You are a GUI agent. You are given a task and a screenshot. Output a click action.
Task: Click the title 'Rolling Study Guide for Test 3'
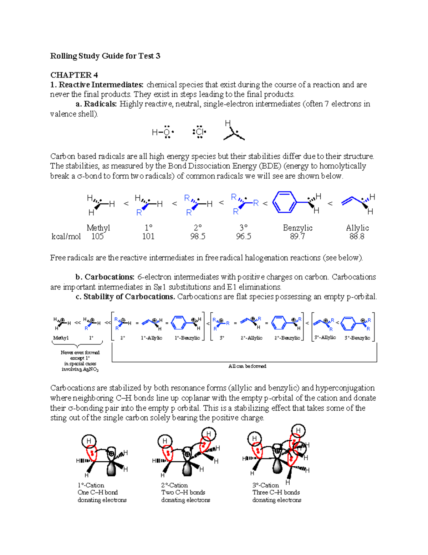[105, 56]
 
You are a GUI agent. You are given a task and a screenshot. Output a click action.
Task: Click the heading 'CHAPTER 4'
[74, 75]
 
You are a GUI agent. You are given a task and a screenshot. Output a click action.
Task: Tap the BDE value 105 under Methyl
[97, 237]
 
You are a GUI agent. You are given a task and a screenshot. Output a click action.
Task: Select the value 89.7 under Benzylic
[297, 237]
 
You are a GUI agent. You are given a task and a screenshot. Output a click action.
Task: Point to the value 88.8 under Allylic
[357, 237]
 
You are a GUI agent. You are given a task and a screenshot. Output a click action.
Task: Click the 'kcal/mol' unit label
[66, 237]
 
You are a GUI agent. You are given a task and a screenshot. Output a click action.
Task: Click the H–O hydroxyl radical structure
[163, 133]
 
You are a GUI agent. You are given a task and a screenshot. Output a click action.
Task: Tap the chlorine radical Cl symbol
[199, 132]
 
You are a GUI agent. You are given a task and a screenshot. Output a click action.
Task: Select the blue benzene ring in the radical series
[285, 202]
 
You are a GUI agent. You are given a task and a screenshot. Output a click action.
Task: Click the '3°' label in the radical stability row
[243, 228]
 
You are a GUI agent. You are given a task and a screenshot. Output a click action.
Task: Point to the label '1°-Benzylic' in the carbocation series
[187, 338]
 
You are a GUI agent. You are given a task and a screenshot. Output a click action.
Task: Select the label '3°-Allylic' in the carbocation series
[325, 337]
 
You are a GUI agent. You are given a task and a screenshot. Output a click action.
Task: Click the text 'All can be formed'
[247, 366]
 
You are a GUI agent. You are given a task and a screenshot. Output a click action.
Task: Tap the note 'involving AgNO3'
[80, 370]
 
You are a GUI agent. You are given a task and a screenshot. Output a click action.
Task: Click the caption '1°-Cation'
[91, 485]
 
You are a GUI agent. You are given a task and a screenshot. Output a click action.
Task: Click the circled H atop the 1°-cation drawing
[89, 441]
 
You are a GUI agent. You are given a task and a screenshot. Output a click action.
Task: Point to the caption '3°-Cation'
[266, 485]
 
